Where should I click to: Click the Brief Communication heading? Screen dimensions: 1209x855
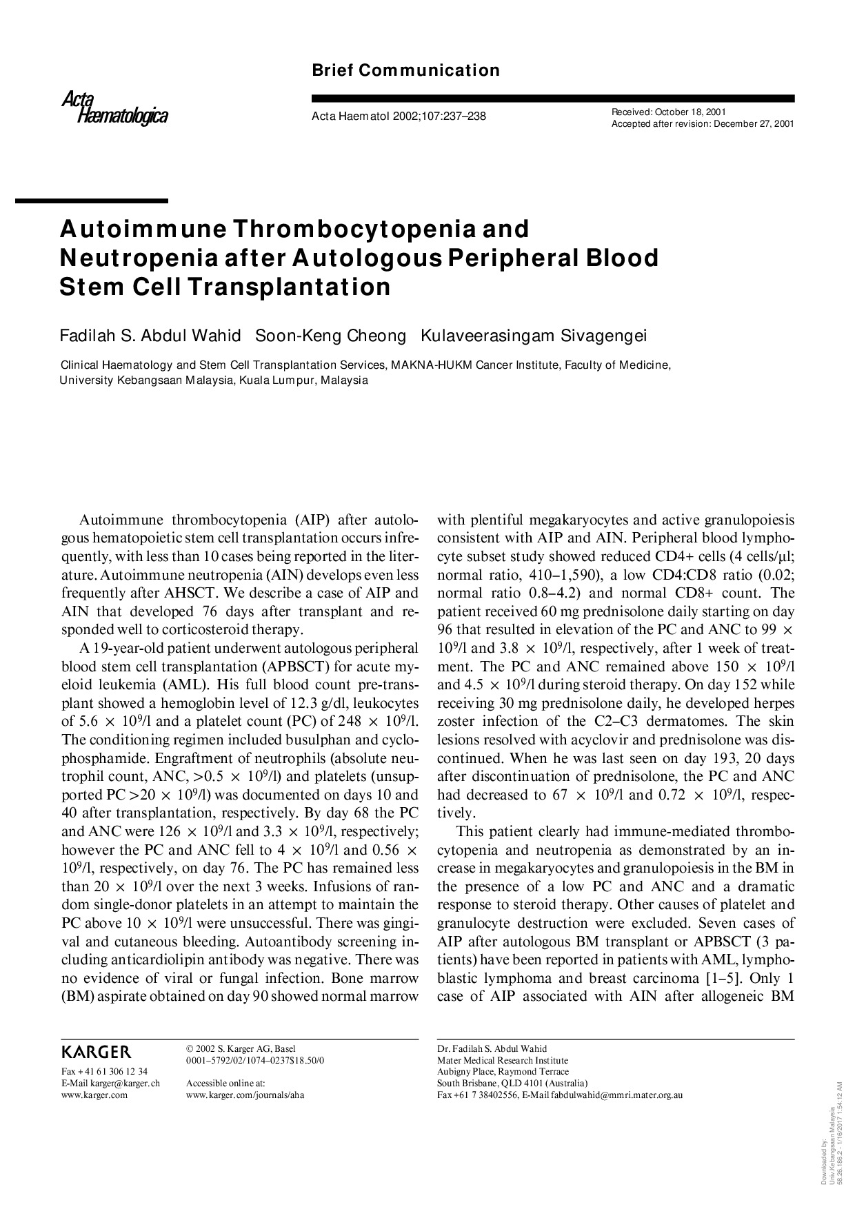click(405, 70)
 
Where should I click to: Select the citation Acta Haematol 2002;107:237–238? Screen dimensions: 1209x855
click(399, 116)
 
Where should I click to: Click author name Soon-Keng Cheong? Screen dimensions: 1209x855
click(330, 336)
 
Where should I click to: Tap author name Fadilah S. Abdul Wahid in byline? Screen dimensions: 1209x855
click(150, 336)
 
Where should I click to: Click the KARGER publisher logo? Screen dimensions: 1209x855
click(96, 1052)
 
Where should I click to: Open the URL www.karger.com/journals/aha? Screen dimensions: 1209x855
click(245, 1095)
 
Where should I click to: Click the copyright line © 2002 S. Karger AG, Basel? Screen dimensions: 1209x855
click(241, 1048)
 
